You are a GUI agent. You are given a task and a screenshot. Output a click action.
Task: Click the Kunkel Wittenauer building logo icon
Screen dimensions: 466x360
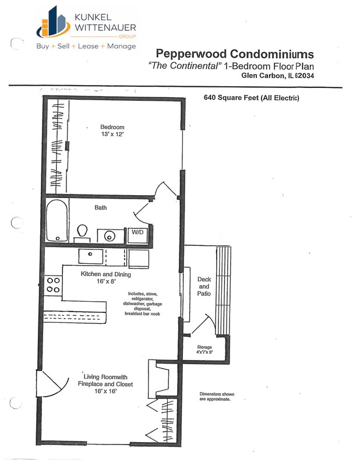(x=51, y=22)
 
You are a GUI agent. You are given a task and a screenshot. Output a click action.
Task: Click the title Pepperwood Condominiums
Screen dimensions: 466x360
(x=236, y=54)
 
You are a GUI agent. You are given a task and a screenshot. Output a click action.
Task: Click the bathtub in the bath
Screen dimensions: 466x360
(x=57, y=221)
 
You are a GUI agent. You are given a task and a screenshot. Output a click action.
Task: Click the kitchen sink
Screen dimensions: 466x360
(x=91, y=256)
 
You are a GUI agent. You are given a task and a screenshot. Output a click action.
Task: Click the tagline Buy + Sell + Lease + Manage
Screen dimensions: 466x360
(x=86, y=46)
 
